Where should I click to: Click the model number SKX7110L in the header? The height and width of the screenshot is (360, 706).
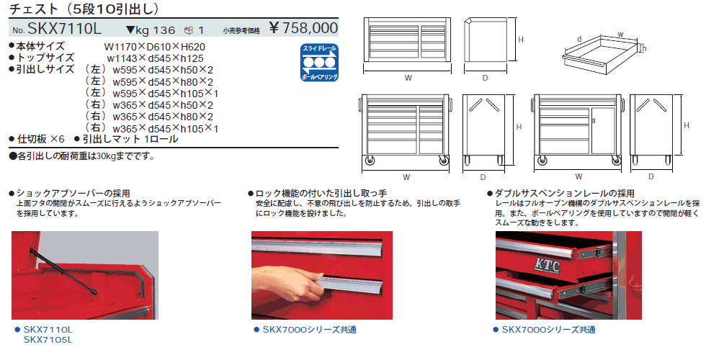click(65, 29)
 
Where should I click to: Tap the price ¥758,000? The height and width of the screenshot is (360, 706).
click(303, 28)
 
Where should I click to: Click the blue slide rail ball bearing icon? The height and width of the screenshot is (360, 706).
click(319, 63)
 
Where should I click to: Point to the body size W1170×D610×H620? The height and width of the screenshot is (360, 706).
click(154, 46)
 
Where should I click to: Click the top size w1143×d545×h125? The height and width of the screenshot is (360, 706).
click(155, 58)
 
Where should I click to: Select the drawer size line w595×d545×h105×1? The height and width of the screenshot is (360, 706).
click(165, 93)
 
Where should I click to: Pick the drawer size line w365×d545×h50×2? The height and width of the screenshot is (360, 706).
click(163, 105)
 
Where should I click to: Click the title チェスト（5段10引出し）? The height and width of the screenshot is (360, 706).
click(84, 8)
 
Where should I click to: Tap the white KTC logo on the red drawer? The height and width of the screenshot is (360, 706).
click(547, 266)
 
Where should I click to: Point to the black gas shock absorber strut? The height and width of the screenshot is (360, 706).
click(63, 270)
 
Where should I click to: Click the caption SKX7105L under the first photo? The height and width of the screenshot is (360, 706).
click(48, 340)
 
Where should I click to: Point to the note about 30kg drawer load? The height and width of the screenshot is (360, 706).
click(82, 157)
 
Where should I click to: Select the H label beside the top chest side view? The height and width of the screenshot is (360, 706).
click(520, 40)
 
